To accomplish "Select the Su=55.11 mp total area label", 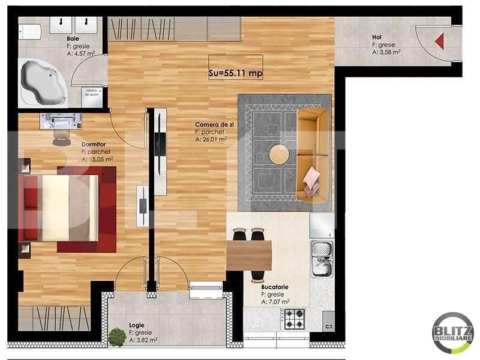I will click(236, 73).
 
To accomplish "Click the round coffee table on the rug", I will click(279, 155).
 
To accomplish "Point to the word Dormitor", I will click(93, 144).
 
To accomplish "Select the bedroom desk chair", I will click(61, 137).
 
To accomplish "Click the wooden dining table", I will click(249, 255).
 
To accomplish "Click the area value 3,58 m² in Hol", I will click(386, 52).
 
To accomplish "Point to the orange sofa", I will click(313, 154).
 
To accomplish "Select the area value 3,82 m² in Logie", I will click(143, 340).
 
